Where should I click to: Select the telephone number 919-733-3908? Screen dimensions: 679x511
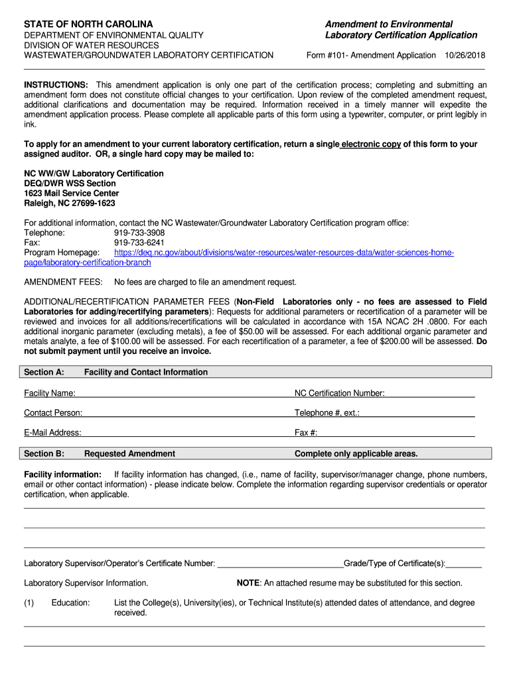[x=139, y=233]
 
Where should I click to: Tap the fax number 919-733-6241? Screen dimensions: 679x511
[x=139, y=243]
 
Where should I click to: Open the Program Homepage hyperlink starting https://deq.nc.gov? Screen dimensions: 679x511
[x=284, y=253]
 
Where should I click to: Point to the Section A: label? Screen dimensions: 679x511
[x=44, y=373]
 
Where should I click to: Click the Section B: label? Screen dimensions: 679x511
[x=44, y=454]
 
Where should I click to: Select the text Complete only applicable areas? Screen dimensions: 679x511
[x=356, y=454]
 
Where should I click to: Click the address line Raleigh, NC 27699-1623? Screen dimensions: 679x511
[x=70, y=204]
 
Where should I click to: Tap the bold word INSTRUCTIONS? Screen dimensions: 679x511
[x=56, y=86]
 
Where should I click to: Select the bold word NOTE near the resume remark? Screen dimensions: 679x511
[x=248, y=584]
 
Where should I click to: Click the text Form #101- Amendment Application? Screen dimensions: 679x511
[x=371, y=56]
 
